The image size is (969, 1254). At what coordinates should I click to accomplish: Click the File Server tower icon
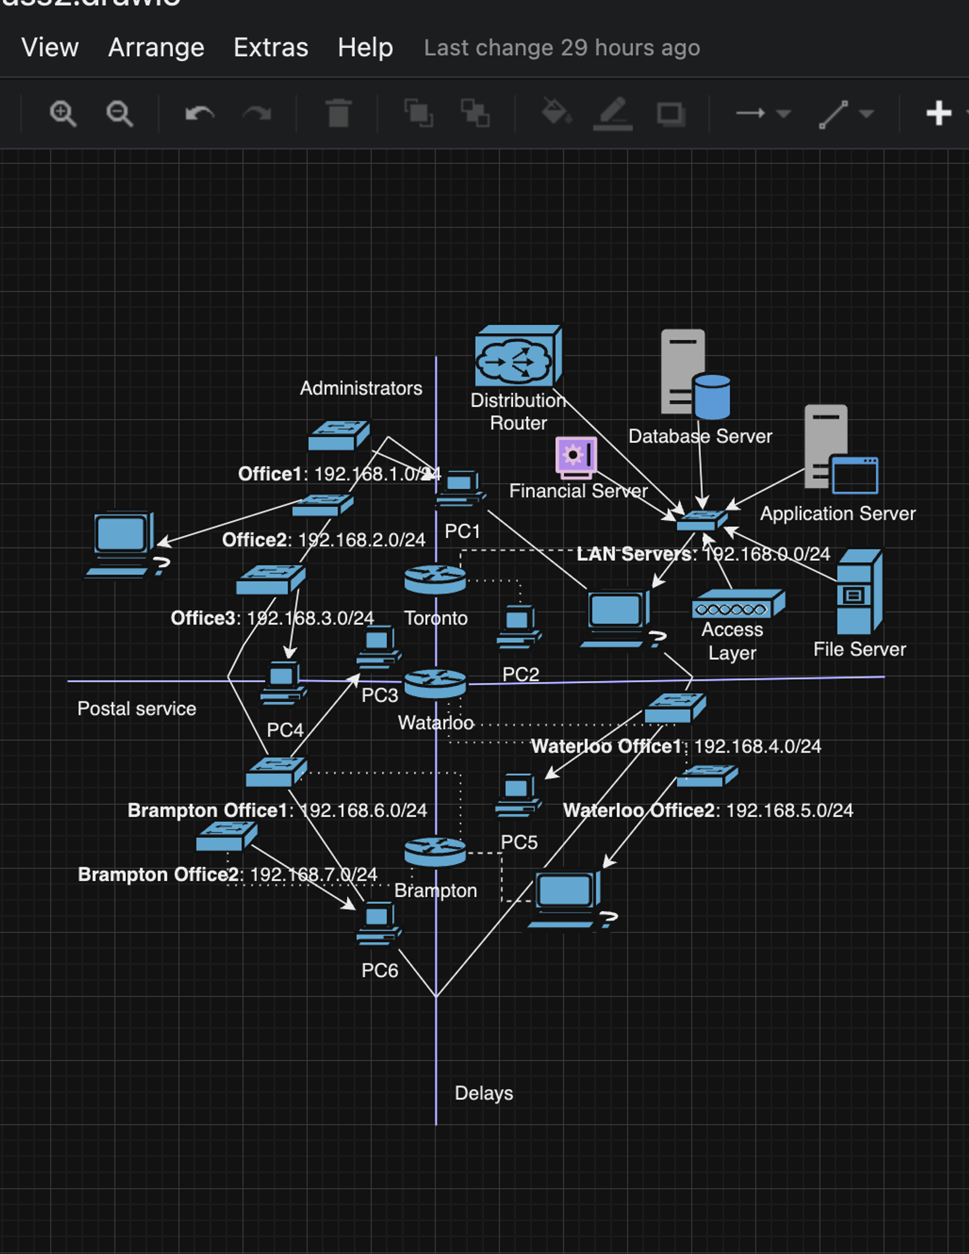click(859, 592)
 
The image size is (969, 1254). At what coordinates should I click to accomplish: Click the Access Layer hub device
click(738, 604)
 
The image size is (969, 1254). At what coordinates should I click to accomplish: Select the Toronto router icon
click(435, 580)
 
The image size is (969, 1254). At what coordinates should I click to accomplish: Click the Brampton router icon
click(435, 852)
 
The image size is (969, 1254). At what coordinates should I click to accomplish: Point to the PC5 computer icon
click(517, 795)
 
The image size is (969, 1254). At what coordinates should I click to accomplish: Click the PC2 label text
click(520, 674)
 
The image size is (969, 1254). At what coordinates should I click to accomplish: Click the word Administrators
click(361, 388)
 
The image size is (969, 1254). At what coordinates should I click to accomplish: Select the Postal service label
click(137, 709)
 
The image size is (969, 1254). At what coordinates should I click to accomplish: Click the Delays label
click(484, 1093)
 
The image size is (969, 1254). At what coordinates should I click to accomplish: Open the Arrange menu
click(156, 47)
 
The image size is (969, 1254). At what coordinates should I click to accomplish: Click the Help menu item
click(365, 47)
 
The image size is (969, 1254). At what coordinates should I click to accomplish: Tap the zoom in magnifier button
click(63, 113)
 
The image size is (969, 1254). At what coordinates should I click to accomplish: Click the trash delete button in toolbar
click(338, 113)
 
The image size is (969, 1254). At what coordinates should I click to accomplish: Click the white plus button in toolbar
click(938, 113)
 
